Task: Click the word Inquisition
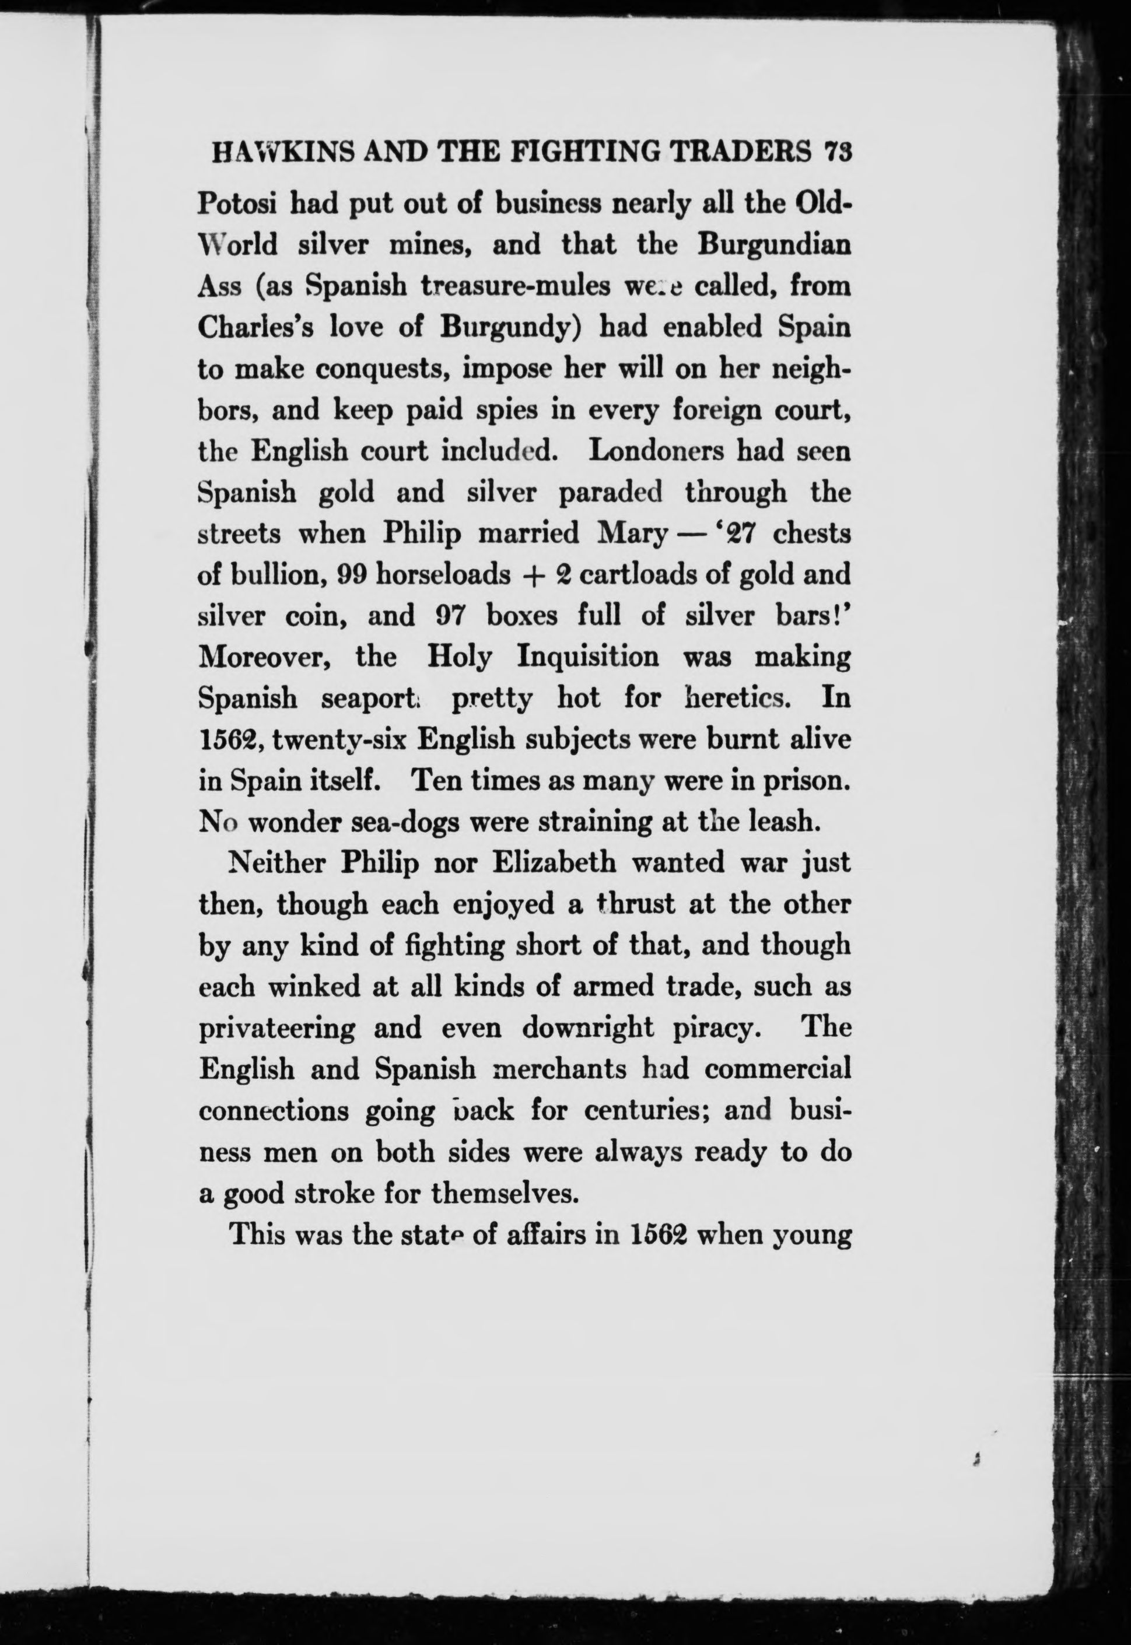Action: click(x=587, y=657)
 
